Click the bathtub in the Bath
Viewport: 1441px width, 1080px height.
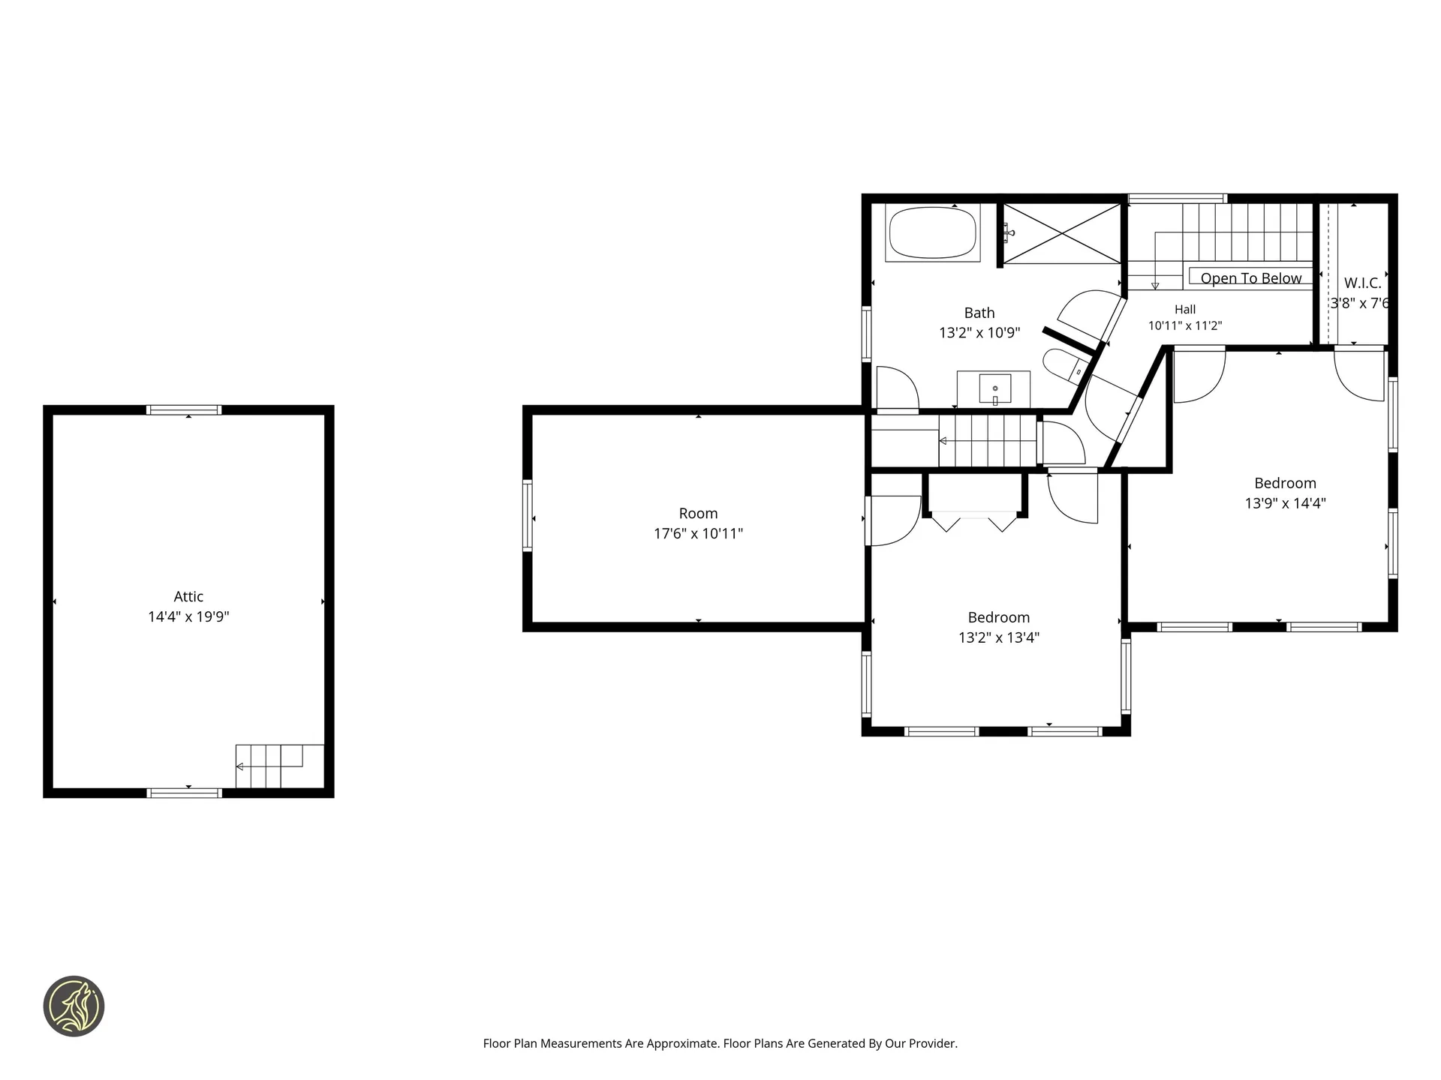coord(933,232)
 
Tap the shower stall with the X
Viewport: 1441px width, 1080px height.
coord(1062,234)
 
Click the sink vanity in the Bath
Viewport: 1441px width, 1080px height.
coord(994,389)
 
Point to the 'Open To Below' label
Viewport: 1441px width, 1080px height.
coord(1251,278)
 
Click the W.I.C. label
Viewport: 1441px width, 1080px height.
coord(1362,283)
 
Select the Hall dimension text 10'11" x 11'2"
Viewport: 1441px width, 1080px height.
coord(1185,325)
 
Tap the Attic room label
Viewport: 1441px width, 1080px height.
coord(188,596)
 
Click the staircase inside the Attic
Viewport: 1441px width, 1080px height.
coord(280,766)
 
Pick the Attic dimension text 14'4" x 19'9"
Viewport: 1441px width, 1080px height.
coord(188,616)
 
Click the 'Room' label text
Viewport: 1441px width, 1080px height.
coord(698,513)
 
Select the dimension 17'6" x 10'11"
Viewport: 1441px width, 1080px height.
coord(698,533)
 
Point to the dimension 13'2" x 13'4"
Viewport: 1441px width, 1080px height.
coord(999,637)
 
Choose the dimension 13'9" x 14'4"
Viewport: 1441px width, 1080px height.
coord(1286,503)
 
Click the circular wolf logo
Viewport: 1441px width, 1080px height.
coord(74,1006)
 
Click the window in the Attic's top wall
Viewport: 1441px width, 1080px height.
coord(184,410)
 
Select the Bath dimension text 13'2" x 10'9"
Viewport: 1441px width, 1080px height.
coord(979,332)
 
